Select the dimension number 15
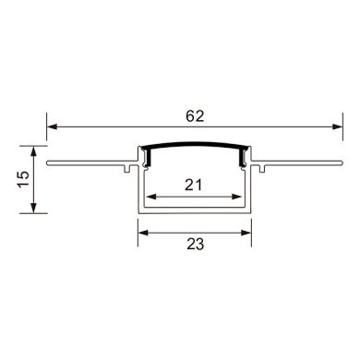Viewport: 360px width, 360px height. (x=25, y=176)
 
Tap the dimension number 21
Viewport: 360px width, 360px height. (x=193, y=185)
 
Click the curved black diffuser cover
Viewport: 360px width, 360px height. (x=193, y=147)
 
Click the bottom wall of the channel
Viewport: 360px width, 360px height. (x=193, y=211)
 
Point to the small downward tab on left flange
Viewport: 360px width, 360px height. (x=124, y=170)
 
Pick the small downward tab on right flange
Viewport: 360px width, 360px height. (x=262, y=170)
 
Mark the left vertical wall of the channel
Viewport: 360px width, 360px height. (x=140, y=189)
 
